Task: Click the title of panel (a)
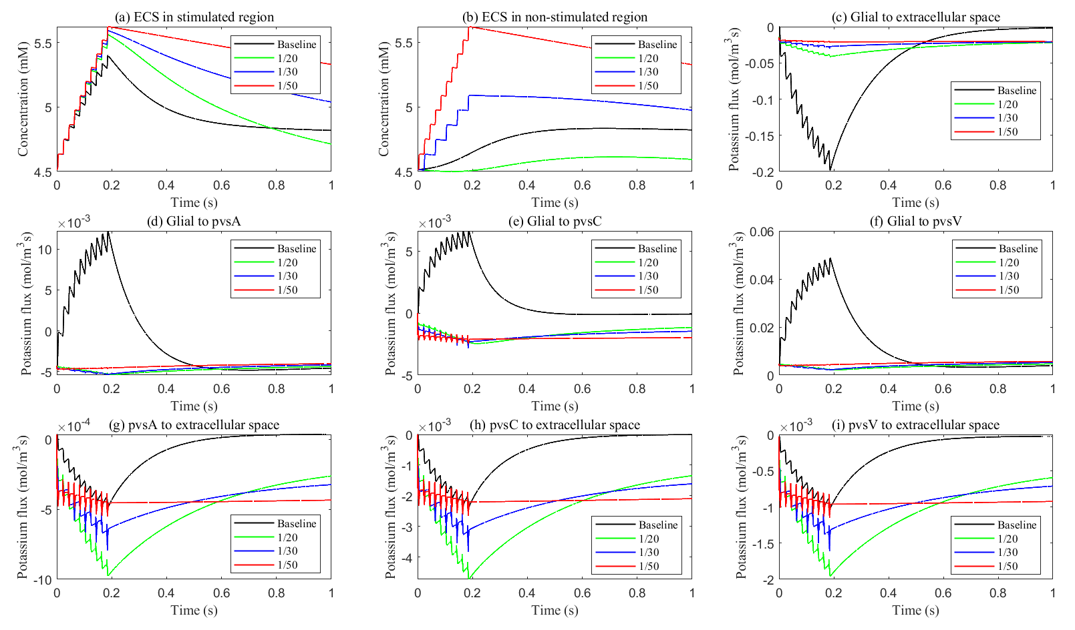(x=194, y=17)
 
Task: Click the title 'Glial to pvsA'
(x=194, y=222)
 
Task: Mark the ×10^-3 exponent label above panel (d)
(x=73, y=222)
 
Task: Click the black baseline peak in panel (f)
(x=830, y=259)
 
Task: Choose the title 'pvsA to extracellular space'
(x=194, y=425)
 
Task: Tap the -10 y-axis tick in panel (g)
(x=43, y=580)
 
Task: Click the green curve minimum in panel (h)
(x=470, y=578)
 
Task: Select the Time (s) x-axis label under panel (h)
(x=555, y=610)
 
